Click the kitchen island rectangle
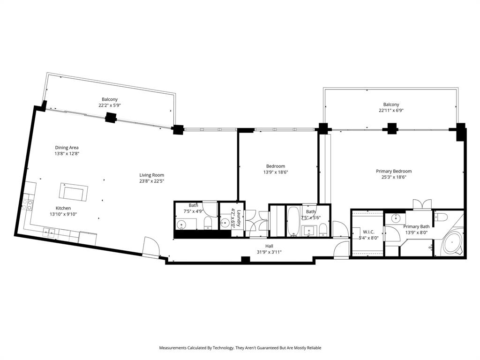pyautogui.click(x=74, y=193)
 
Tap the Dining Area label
pyautogui.click(x=67, y=148)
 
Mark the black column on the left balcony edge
pyautogui.click(x=111, y=119)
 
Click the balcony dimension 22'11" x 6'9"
pyautogui.click(x=391, y=111)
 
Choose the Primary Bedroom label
pyautogui.click(x=394, y=172)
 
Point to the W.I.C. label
pyautogui.click(x=368, y=232)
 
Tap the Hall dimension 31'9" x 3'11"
pyautogui.click(x=269, y=252)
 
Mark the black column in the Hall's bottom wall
pyautogui.click(x=245, y=260)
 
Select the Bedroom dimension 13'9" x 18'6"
pyautogui.click(x=275, y=172)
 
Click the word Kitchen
pyautogui.click(x=63, y=208)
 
